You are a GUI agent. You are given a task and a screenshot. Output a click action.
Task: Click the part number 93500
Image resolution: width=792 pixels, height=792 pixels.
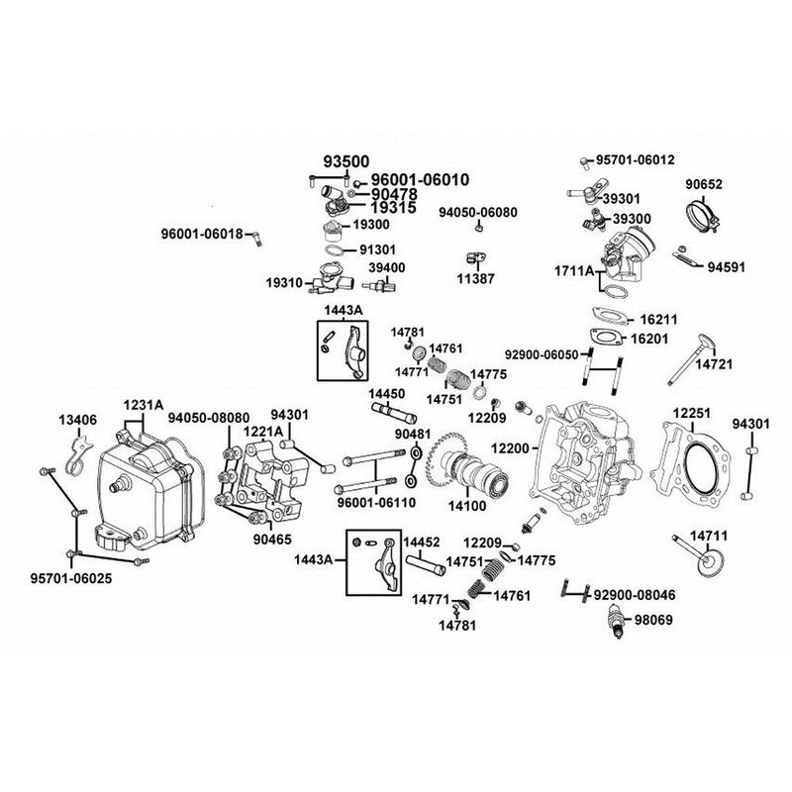pos(347,162)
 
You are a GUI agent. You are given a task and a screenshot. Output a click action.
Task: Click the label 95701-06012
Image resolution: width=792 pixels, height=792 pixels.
pos(634,159)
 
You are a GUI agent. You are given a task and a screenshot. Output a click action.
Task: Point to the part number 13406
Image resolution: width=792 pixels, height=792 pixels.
pos(76,420)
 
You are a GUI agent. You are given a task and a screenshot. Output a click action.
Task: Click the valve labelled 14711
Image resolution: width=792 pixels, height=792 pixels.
pos(699,551)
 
